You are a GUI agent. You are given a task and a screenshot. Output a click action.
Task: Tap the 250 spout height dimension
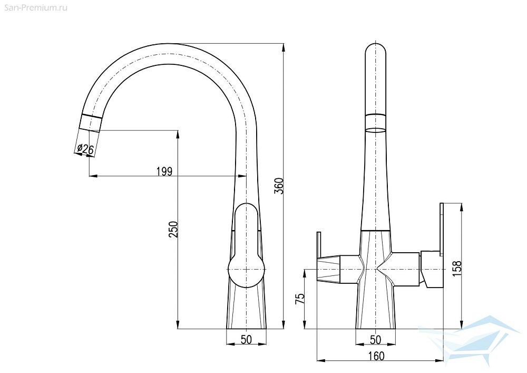[x=173, y=229]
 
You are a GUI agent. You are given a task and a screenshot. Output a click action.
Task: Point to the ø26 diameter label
[x=85, y=148]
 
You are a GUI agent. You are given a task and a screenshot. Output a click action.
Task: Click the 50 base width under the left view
[x=246, y=339]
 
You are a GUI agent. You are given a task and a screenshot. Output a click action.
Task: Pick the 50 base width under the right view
[x=375, y=339]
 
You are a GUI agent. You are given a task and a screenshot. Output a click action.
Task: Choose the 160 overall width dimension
[x=376, y=356]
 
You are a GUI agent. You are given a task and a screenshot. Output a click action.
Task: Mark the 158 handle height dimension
[x=457, y=269]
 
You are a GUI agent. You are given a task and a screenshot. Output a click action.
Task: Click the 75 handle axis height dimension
[x=300, y=299]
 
